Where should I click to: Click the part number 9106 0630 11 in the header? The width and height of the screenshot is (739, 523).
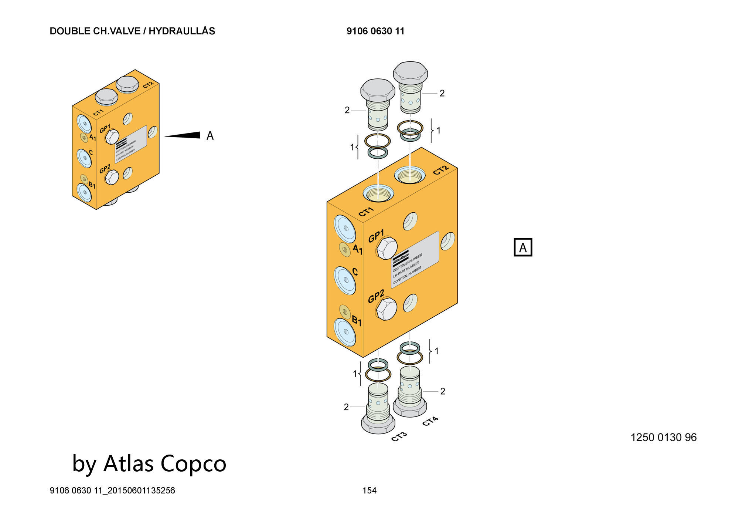click(375, 31)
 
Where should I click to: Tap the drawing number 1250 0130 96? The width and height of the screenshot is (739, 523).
click(663, 437)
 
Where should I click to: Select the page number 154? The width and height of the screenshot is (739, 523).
click(369, 490)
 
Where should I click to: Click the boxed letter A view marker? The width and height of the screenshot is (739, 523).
click(523, 247)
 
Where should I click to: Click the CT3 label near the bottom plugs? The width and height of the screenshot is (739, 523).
click(399, 436)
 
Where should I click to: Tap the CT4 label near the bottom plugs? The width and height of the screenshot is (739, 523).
click(430, 421)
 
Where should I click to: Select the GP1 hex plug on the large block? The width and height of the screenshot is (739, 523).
click(386, 248)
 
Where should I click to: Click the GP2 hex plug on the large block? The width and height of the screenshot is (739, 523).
click(386, 308)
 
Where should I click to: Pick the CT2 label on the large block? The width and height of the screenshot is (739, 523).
click(441, 170)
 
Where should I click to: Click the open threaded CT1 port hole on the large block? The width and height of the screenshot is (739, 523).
click(378, 193)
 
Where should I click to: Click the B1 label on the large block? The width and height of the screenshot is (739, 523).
click(356, 320)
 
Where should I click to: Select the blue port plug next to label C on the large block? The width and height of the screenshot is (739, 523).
click(345, 280)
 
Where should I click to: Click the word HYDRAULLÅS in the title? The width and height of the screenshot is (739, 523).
click(182, 31)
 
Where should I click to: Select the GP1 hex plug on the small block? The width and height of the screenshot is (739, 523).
click(111, 137)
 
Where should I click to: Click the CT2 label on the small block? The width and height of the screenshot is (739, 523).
click(148, 85)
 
